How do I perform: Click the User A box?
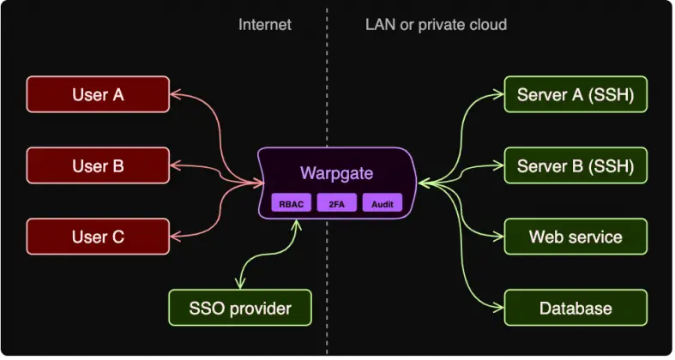98,94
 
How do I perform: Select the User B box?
98,165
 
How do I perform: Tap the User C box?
98,236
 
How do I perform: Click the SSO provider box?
239,308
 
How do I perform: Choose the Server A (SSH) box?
576,94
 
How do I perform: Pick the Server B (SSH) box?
576,165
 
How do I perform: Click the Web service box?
576,237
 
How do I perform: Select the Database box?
576,308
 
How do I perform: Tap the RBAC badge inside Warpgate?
291,204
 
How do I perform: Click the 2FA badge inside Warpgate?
336,204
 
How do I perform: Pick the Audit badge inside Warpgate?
382,204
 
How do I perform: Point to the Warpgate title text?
336,172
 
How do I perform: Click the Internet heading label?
264,24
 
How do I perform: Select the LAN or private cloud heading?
436,24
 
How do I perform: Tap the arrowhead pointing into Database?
497,307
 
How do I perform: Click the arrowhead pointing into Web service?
497,237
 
